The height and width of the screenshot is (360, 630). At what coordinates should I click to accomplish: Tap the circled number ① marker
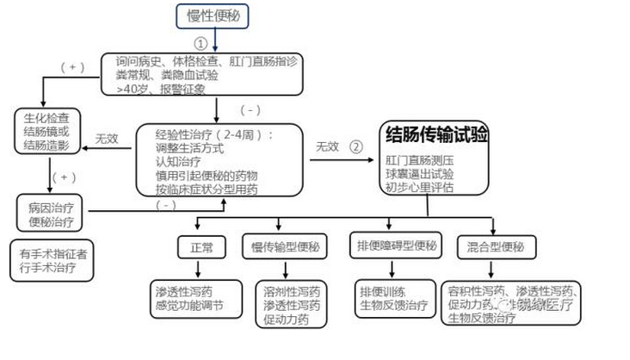click(x=200, y=42)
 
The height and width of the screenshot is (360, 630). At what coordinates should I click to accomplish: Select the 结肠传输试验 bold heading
click(x=437, y=134)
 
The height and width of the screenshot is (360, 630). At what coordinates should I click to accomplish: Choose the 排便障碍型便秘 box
click(x=397, y=246)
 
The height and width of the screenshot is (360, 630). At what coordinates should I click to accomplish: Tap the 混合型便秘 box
click(x=495, y=248)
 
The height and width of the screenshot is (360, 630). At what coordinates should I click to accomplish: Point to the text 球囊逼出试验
click(x=420, y=173)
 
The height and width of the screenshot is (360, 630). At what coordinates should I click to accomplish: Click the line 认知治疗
click(x=177, y=161)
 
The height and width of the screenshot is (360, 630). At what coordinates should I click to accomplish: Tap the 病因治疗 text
click(x=52, y=208)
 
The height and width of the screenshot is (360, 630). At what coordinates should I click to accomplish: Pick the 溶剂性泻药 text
click(x=292, y=290)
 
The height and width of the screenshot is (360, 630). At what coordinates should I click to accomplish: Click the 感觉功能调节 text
click(x=187, y=304)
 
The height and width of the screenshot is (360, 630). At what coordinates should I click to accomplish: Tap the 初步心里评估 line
click(x=420, y=188)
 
